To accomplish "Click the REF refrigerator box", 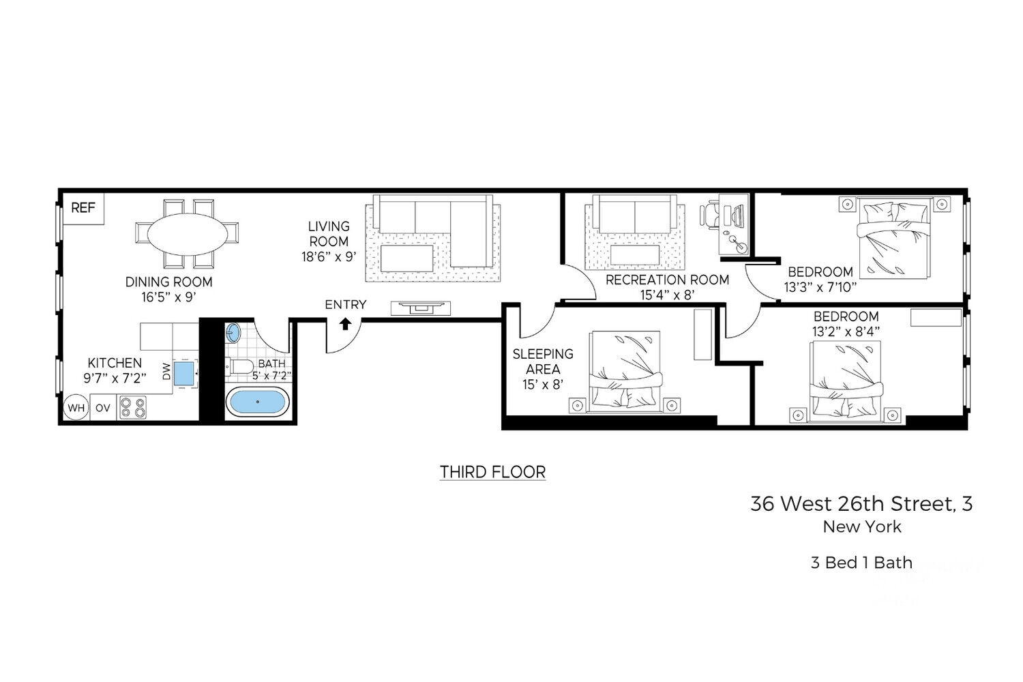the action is coord(84,208).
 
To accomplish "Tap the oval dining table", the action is coord(188,234).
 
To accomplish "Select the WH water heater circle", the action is coord(76,407).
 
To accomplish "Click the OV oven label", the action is coord(103,407).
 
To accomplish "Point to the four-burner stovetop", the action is coord(133,407).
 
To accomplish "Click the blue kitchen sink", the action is coord(184,373).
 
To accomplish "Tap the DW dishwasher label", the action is coord(166,372).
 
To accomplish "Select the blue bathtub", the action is coord(258,402).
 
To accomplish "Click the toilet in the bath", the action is coord(240,366).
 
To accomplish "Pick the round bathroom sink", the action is coord(233,333).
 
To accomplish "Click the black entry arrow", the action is coord(345,324).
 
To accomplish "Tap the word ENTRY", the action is coord(346,304).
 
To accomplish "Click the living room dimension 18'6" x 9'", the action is coord(329,256).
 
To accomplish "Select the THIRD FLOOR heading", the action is coord(493,472).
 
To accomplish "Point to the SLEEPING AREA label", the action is coord(543,361).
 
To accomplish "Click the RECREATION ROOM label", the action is coord(668,280).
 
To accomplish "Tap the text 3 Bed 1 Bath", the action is coord(862,563).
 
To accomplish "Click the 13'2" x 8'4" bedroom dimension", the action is coord(846,331).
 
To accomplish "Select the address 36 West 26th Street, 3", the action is coord(861,504).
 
